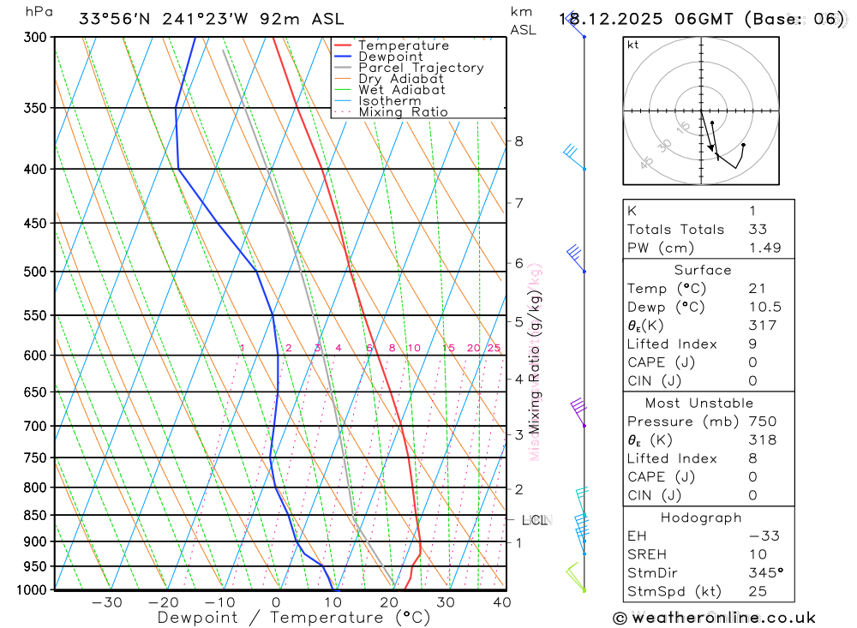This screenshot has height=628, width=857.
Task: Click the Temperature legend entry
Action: pyautogui.click(x=403, y=45)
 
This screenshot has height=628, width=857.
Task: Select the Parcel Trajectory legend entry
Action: pyautogui.click(x=420, y=68)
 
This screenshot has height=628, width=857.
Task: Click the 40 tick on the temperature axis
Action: pyautogui.click(x=502, y=602)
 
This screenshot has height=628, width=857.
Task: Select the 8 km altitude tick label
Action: pyautogui.click(x=519, y=141)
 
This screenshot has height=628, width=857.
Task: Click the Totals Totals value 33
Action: pyautogui.click(x=758, y=229)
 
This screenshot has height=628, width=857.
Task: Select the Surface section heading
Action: pyautogui.click(x=703, y=270)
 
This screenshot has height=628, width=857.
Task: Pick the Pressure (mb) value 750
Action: pyautogui.click(x=762, y=422)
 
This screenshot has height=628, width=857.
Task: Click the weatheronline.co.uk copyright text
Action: pyautogui.click(x=715, y=618)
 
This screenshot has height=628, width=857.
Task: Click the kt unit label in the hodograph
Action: pyautogui.click(x=633, y=45)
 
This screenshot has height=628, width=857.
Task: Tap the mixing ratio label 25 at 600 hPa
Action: pyautogui.click(x=494, y=348)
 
